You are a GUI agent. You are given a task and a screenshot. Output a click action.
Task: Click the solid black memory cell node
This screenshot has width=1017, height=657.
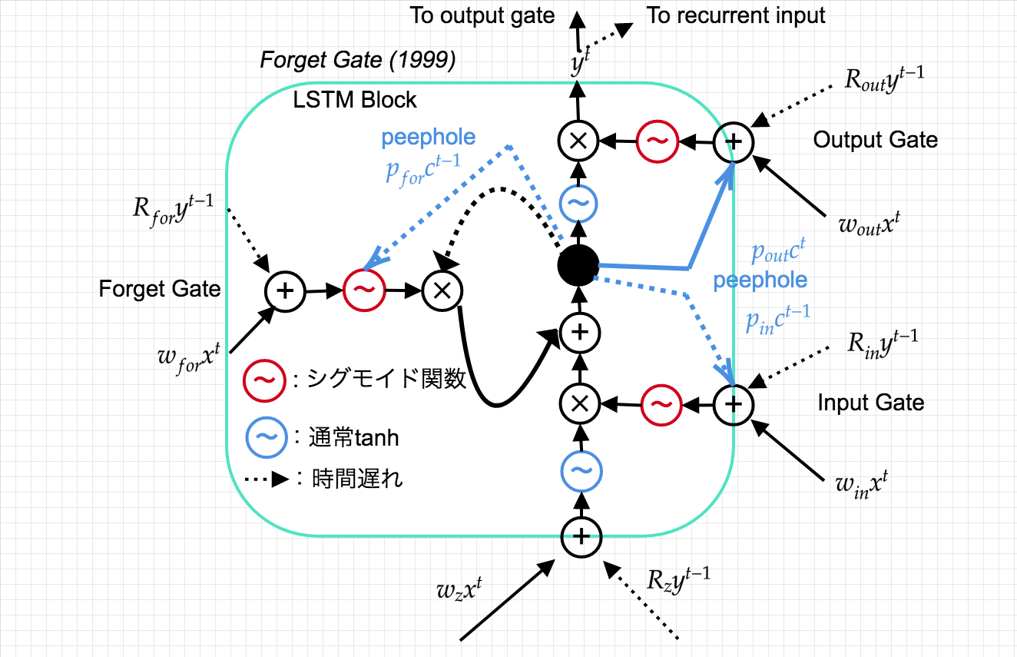(578, 267)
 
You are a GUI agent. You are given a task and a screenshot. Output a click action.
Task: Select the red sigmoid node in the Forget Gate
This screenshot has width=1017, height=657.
(363, 290)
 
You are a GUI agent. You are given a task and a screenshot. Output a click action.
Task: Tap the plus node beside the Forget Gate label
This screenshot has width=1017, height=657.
(285, 290)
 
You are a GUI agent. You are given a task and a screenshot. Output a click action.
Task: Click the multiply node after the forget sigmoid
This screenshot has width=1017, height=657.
(442, 290)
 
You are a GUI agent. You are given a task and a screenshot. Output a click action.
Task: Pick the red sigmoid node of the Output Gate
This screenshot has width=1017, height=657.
(659, 141)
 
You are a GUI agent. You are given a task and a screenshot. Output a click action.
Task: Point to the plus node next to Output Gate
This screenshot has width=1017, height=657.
(734, 141)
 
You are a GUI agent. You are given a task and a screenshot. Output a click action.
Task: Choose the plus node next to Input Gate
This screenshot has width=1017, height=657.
(734, 402)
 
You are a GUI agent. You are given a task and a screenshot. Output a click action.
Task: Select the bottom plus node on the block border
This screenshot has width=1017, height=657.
(581, 536)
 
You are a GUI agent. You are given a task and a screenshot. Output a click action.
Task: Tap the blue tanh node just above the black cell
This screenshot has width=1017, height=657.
(581, 204)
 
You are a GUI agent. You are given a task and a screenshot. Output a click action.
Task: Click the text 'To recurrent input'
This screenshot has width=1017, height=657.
(736, 16)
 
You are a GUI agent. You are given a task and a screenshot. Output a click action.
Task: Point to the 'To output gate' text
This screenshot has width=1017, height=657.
(482, 16)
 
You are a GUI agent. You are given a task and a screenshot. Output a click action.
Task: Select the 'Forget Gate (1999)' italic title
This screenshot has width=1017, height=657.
(358, 61)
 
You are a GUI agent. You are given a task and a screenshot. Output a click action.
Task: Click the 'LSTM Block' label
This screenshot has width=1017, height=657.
(355, 100)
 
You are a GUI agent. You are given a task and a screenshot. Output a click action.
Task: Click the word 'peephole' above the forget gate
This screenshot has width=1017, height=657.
(429, 138)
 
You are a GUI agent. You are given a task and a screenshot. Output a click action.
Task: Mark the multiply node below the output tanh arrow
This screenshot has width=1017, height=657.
(581, 141)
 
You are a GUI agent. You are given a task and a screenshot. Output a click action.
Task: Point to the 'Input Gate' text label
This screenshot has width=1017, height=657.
(871, 403)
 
